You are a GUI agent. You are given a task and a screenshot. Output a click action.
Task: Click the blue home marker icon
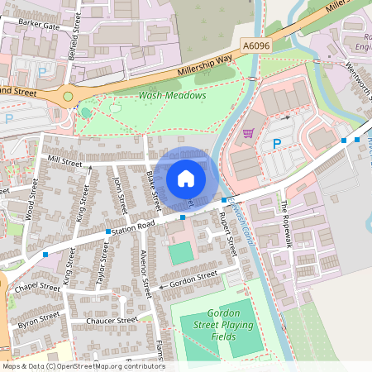[186, 179]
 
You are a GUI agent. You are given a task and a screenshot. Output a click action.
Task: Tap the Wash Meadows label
[172, 95]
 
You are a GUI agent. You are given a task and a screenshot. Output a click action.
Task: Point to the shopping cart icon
[248, 132]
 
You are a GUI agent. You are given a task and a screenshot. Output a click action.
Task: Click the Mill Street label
[66, 160]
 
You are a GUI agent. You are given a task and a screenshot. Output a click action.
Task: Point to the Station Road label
[135, 226]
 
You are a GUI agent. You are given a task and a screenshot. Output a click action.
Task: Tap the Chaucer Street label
[111, 320]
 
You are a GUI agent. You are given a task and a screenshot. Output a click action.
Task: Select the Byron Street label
[39, 317]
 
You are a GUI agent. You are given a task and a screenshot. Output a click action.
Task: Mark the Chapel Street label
[38, 287]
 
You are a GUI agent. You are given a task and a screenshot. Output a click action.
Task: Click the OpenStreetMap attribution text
[83, 366]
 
